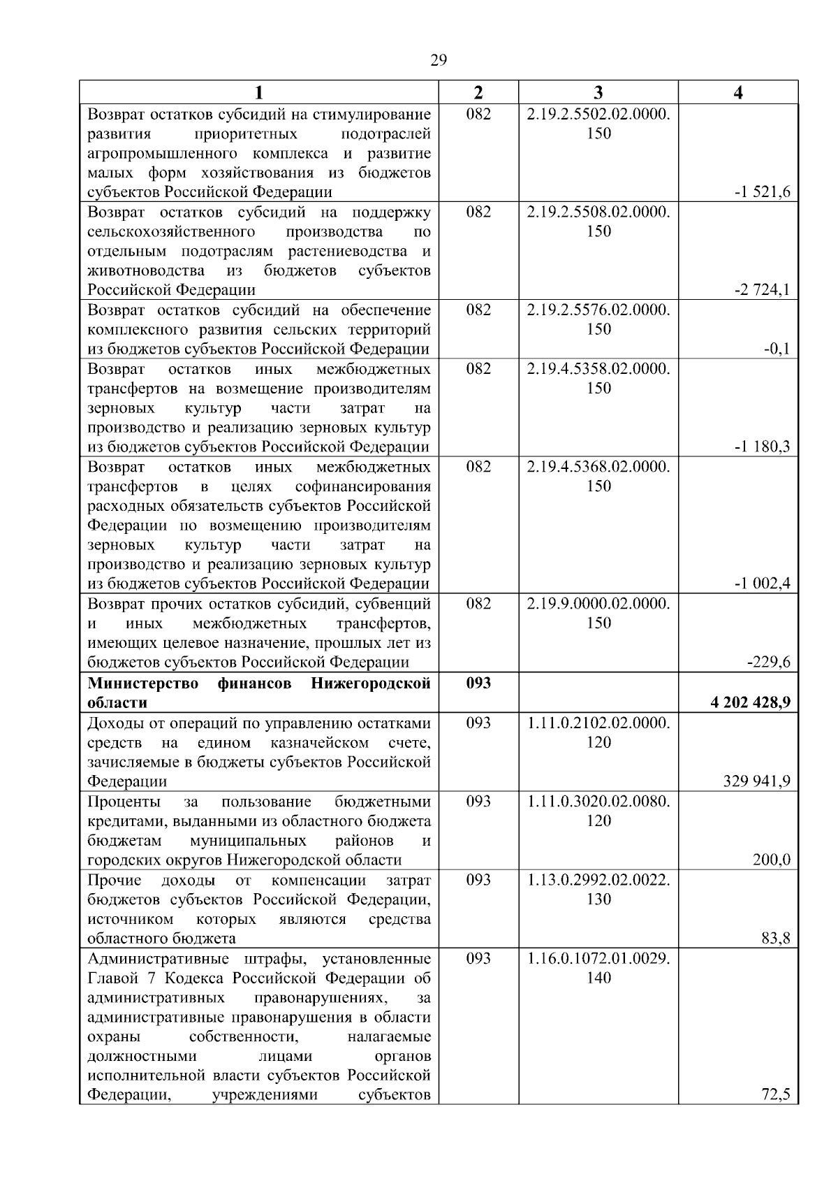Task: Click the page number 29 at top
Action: click(x=438, y=60)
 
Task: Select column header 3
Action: click(x=598, y=93)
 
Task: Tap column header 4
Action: click(x=738, y=93)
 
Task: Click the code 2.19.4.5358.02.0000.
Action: click(x=598, y=369)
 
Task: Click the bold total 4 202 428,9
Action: click(x=751, y=702)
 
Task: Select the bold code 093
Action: click(x=478, y=683)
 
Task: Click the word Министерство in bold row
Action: click(x=143, y=683)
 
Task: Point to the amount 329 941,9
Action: click(x=757, y=781)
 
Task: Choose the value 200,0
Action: click(x=771, y=860)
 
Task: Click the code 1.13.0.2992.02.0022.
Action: click(x=598, y=880)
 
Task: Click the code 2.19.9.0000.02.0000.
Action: click(x=598, y=604)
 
